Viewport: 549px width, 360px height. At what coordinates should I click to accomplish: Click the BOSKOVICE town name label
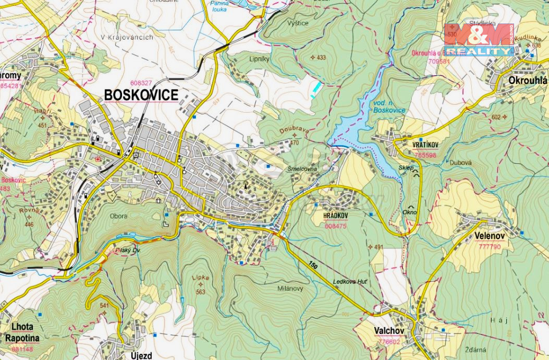(141, 95)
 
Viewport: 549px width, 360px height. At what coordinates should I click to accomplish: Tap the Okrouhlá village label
(528, 80)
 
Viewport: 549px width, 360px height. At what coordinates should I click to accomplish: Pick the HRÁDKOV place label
(336, 215)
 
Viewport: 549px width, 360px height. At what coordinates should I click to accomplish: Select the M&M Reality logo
(479, 40)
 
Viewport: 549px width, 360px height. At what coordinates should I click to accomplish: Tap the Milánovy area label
(291, 288)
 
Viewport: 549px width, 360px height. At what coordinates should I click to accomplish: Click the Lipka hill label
(200, 278)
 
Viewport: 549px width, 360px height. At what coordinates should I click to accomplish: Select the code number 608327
(141, 83)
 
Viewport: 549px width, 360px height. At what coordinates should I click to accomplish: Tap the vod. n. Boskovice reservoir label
(389, 106)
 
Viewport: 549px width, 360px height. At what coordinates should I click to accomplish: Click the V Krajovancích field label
(127, 38)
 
